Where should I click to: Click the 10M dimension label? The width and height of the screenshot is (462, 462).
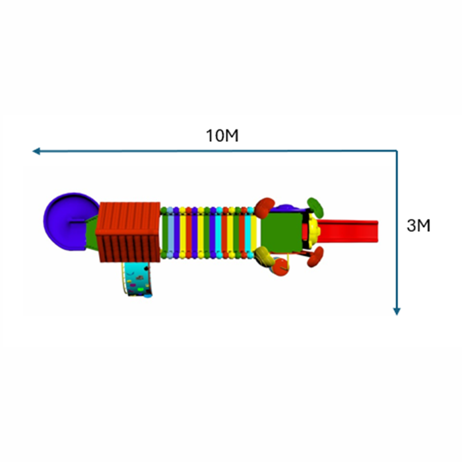click(x=222, y=135)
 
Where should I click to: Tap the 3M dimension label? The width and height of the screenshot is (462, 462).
click(x=418, y=226)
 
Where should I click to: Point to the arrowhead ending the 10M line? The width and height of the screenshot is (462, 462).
click(x=36, y=151)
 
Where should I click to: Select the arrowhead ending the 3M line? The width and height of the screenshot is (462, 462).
click(x=397, y=312)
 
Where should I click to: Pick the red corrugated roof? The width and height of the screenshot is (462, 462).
click(x=128, y=232)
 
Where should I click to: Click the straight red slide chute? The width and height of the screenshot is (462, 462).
click(x=348, y=231)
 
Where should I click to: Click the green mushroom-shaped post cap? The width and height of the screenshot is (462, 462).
click(x=315, y=207)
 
